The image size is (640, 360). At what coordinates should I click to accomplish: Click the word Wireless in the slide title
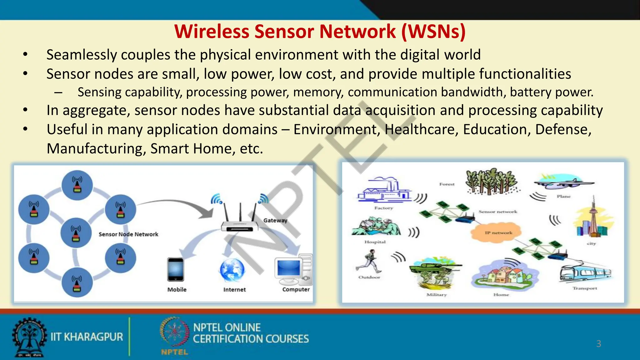[212, 32]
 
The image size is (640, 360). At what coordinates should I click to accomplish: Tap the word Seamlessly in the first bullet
[81, 55]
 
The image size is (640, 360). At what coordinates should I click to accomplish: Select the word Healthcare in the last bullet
[421, 130]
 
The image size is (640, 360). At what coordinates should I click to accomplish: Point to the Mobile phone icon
[176, 269]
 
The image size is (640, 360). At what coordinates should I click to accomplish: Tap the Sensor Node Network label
[128, 234]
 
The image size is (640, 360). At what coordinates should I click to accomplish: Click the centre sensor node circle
[76, 233]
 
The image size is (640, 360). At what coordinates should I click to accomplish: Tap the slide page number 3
[598, 344]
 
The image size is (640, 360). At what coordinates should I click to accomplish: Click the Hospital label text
[375, 242]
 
